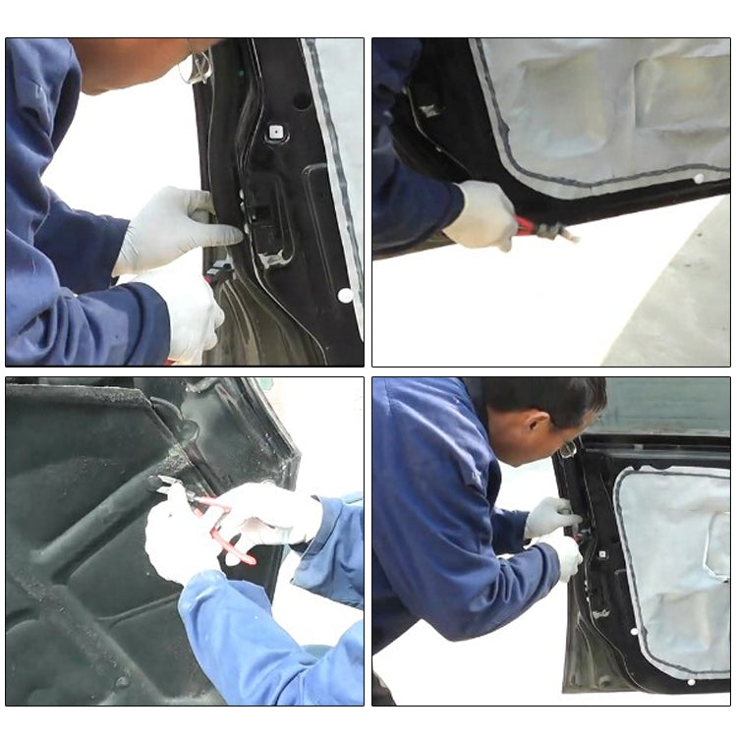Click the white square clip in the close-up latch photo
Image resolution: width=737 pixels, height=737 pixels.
click(276, 131)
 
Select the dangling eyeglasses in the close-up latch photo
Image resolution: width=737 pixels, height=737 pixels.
click(198, 66)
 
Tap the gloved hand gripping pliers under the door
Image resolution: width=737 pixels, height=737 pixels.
click(482, 215)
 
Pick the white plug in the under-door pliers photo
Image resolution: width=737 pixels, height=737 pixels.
click(699, 179)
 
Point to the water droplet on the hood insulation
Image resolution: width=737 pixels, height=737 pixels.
click(123, 681)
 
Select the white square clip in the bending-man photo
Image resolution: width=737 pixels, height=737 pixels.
click(600, 614)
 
